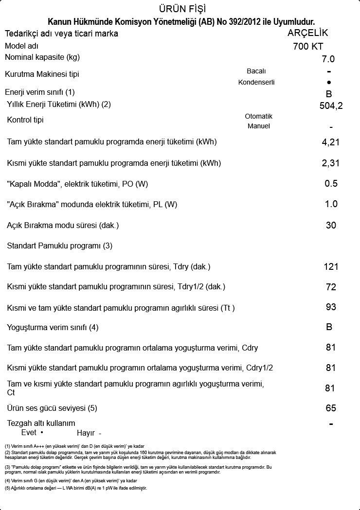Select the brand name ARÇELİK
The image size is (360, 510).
(x=308, y=33)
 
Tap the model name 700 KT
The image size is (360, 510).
(x=308, y=47)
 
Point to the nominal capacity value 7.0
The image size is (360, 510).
(x=328, y=59)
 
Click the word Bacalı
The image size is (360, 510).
(x=256, y=71)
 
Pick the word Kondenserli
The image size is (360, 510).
(x=256, y=82)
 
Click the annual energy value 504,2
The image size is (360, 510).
(x=331, y=106)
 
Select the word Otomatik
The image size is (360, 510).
(x=258, y=116)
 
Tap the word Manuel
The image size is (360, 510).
(x=258, y=126)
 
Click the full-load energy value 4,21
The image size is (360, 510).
(x=331, y=142)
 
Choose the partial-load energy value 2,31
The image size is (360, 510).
(x=331, y=163)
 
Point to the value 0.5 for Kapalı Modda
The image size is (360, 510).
(x=331, y=184)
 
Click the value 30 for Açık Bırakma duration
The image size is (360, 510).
(x=331, y=226)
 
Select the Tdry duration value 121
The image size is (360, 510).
(x=331, y=266)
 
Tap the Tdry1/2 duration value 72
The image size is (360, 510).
(x=331, y=287)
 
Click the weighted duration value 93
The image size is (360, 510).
(x=331, y=307)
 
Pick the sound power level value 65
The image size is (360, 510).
(x=331, y=408)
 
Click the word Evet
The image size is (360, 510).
(x=29, y=432)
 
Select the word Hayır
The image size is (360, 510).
(x=86, y=433)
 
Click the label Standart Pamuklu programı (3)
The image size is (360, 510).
(x=59, y=246)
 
